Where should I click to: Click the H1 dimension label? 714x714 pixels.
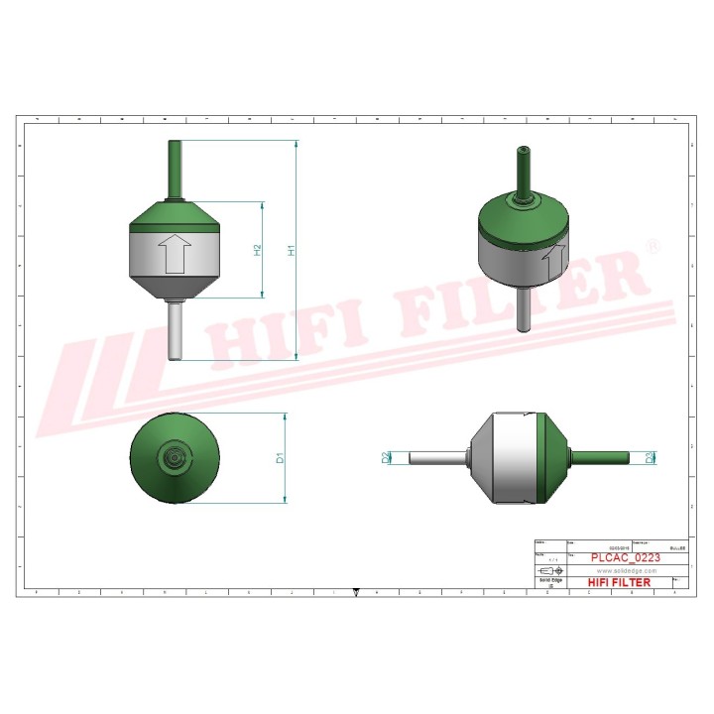292,251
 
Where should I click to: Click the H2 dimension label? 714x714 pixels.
257,251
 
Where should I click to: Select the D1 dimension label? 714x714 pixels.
281,458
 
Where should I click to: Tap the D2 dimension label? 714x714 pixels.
385,457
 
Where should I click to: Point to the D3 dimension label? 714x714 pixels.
650,457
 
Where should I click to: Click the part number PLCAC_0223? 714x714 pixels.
625,558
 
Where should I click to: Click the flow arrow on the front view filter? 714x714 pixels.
176,253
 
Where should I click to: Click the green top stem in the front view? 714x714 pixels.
176,169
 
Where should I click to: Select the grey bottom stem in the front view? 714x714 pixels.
176,331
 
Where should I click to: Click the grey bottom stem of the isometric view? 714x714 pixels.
523,310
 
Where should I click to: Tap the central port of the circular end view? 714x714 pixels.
176,457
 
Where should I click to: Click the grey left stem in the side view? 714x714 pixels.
434,457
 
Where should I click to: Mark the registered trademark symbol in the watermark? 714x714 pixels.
652,244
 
